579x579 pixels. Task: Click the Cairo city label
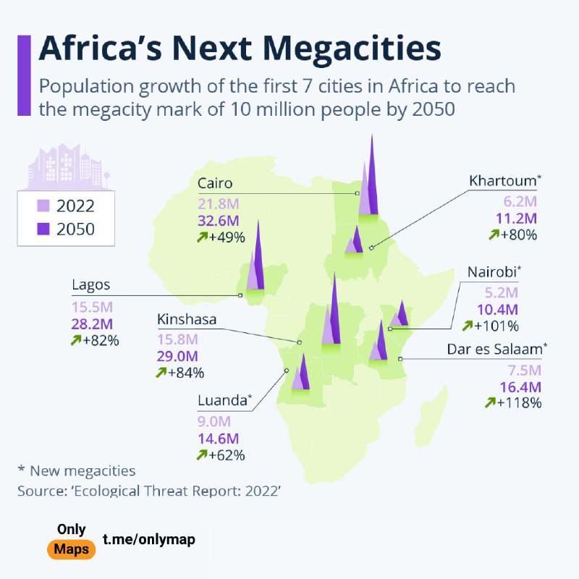pyautogui.click(x=215, y=183)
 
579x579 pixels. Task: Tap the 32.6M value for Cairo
pyautogui.click(x=219, y=221)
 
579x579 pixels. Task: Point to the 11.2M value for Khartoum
pyautogui.click(x=520, y=218)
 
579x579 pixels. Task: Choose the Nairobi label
pyautogui.click(x=493, y=273)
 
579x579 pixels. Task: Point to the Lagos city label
pyautogui.click(x=91, y=284)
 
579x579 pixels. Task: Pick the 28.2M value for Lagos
pyautogui.click(x=91, y=323)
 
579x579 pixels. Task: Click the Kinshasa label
pyautogui.click(x=187, y=319)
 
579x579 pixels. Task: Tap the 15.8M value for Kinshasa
pyautogui.click(x=177, y=339)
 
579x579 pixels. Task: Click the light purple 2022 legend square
pyautogui.click(x=43, y=206)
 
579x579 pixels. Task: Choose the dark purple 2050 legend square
pyautogui.click(x=43, y=229)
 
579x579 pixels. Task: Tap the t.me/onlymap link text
pyautogui.click(x=148, y=539)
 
